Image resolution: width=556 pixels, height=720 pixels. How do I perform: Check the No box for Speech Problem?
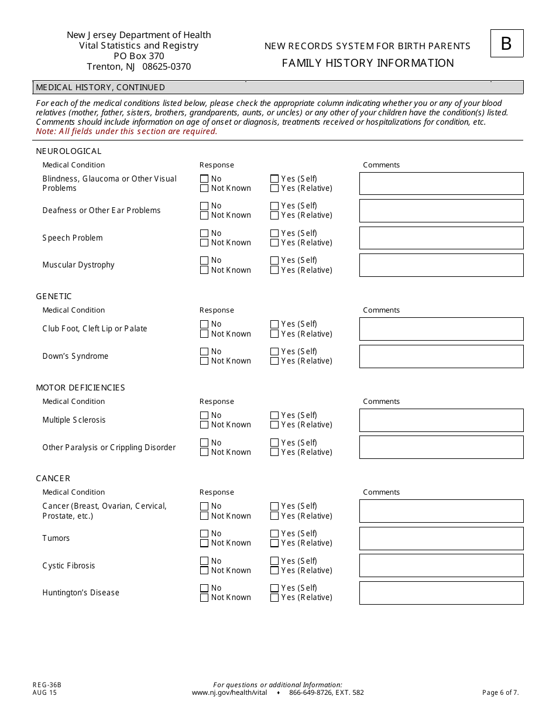tap(204, 233)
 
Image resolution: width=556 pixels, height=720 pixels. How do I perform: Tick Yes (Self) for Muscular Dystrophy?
tap(274, 260)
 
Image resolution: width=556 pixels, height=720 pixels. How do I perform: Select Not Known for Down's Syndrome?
tap(204, 361)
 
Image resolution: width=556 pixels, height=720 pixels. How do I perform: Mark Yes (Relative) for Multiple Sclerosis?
tap(274, 425)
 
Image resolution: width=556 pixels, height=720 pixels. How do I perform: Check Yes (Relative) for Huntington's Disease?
tap(274, 598)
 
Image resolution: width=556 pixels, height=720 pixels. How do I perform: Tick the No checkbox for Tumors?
tap(204, 533)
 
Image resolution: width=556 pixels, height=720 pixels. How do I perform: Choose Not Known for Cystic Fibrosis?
tap(204, 571)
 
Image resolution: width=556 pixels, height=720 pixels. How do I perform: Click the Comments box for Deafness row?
tap(441, 211)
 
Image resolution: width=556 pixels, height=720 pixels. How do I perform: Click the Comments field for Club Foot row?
tap(441, 329)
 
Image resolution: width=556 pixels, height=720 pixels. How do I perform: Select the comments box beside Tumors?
tap(441, 539)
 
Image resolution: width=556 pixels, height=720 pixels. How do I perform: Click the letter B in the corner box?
tap(506, 44)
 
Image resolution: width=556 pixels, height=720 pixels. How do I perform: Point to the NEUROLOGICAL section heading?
tap(68, 151)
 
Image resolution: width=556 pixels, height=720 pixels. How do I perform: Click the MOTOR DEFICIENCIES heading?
tap(80, 388)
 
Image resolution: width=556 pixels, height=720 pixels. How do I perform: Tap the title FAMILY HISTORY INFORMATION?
tap(368, 63)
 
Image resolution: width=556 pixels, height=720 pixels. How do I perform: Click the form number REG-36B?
tap(47, 685)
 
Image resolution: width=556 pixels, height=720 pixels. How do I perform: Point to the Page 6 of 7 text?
tap(500, 692)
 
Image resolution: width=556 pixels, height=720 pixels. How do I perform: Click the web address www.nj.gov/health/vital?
tap(229, 692)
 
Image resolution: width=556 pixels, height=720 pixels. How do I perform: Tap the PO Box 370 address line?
tap(139, 56)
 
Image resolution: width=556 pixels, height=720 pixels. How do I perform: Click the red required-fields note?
tap(126, 132)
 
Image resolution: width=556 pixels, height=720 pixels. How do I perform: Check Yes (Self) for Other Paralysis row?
tap(274, 443)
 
